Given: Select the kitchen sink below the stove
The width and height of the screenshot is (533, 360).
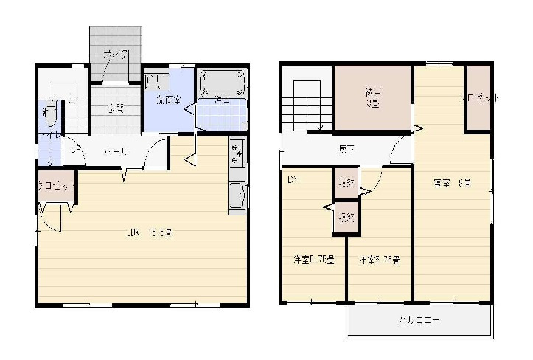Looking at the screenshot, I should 237,196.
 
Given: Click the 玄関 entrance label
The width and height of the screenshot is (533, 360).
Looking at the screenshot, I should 115,108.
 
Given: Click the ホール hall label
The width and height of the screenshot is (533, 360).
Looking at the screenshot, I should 116,152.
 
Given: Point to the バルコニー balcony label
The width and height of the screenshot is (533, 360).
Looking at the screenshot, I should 419,321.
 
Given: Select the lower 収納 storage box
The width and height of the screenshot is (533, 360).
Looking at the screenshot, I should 345,217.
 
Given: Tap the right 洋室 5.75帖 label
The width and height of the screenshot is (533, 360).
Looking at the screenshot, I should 379,260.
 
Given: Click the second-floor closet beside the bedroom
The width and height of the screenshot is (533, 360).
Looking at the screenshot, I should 478,97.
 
